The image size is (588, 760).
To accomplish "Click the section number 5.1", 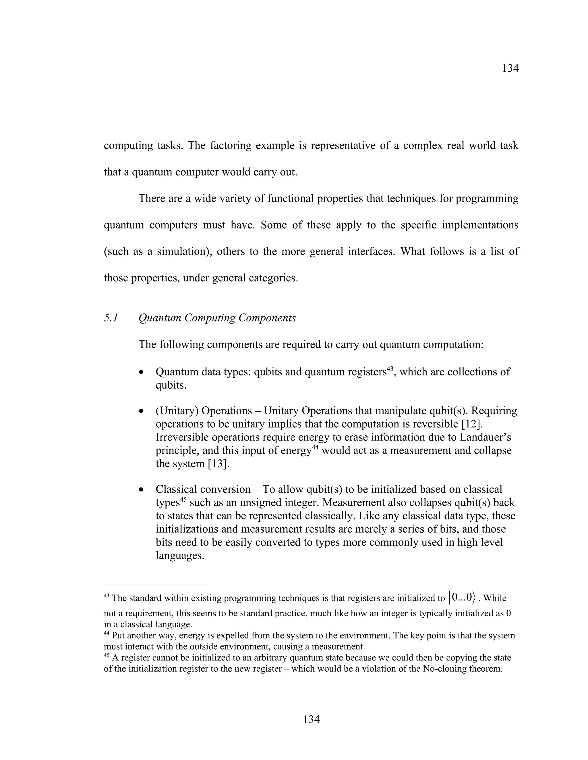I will click(111, 318).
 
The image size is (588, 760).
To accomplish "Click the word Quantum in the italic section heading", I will click(160, 318).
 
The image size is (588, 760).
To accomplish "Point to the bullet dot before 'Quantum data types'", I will click(141, 372).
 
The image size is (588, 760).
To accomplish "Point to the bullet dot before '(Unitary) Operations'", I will click(141, 411).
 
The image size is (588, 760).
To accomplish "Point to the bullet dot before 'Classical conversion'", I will click(141, 490).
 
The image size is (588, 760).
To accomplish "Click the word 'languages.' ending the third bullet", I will click(180, 556).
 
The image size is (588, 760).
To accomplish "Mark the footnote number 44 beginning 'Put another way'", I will click(107, 634).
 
